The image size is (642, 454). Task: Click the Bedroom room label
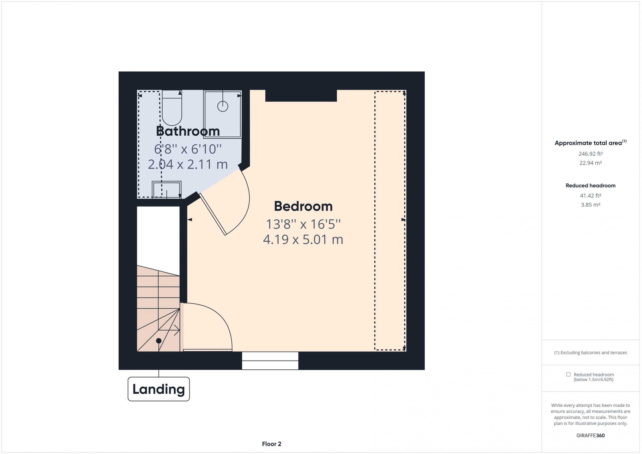[303, 207]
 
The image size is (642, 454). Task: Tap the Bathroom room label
[188, 131]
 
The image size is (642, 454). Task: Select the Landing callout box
[158, 389]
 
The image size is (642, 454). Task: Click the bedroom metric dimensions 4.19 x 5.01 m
[303, 240]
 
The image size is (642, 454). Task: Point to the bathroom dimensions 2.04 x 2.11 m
[188, 164]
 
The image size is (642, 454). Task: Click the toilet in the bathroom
[172, 108]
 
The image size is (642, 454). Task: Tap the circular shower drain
[223, 106]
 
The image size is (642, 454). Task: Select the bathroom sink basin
[167, 190]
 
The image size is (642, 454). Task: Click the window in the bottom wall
[270, 361]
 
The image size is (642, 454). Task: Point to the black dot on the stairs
[158, 341]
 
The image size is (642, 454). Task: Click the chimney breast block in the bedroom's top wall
[301, 96]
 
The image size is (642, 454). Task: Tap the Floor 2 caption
[272, 444]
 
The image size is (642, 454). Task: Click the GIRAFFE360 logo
[591, 435]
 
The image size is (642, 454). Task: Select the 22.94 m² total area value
[591, 163]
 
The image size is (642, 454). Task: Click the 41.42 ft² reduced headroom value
[591, 195]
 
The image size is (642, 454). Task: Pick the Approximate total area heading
[591, 143]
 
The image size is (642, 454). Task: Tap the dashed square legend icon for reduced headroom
[568, 374]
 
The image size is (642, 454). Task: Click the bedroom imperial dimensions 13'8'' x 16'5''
[303, 224]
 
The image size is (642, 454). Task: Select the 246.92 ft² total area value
[591, 154]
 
